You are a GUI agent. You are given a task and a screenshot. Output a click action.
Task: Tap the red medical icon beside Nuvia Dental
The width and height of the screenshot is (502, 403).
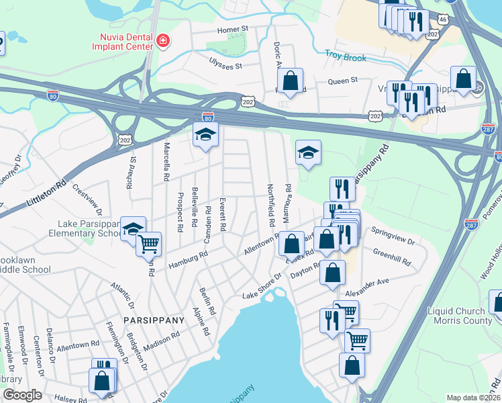coord(162,42)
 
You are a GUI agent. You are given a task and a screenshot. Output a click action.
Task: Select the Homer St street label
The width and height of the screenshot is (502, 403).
coord(233,30)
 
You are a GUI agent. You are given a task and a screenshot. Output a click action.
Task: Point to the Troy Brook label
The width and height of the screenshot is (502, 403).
coord(346,58)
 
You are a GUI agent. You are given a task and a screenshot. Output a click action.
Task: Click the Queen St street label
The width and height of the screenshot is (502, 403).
coord(342,81)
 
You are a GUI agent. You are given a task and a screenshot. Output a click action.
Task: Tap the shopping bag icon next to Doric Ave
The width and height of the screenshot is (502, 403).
coord(290,81)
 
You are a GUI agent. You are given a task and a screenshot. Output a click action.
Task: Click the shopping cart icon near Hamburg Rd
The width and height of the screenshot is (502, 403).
coord(148,244)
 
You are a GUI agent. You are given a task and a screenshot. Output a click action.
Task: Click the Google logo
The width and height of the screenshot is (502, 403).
coord(22,395)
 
